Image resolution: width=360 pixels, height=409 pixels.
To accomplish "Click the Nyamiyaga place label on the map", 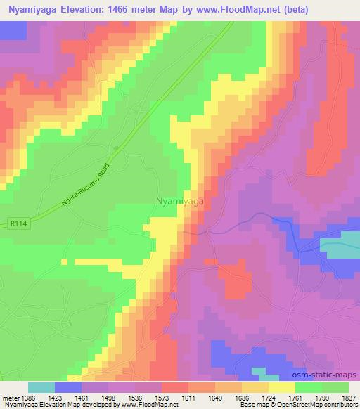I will pyautogui.click(x=179, y=200).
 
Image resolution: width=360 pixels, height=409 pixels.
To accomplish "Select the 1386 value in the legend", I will pyautogui.click(x=27, y=396).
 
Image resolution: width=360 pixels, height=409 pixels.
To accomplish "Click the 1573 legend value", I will pyautogui.click(x=162, y=396).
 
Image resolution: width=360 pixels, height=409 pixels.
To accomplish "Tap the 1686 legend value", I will pyautogui.click(x=241, y=396).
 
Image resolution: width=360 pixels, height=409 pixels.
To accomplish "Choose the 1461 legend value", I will pyautogui.click(x=82, y=396).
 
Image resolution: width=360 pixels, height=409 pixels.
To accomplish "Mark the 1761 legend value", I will pyautogui.click(x=295, y=396).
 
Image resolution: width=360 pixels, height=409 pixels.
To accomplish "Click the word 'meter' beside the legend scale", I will pyautogui.click(x=9, y=396).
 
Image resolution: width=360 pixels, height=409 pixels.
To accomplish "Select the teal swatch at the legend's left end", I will pyautogui.click(x=41, y=387).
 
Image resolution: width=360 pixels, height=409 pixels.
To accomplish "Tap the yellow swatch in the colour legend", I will pyautogui.click(x=281, y=387).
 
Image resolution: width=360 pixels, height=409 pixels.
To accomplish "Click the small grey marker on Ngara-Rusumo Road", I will pyautogui.click(x=117, y=148).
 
